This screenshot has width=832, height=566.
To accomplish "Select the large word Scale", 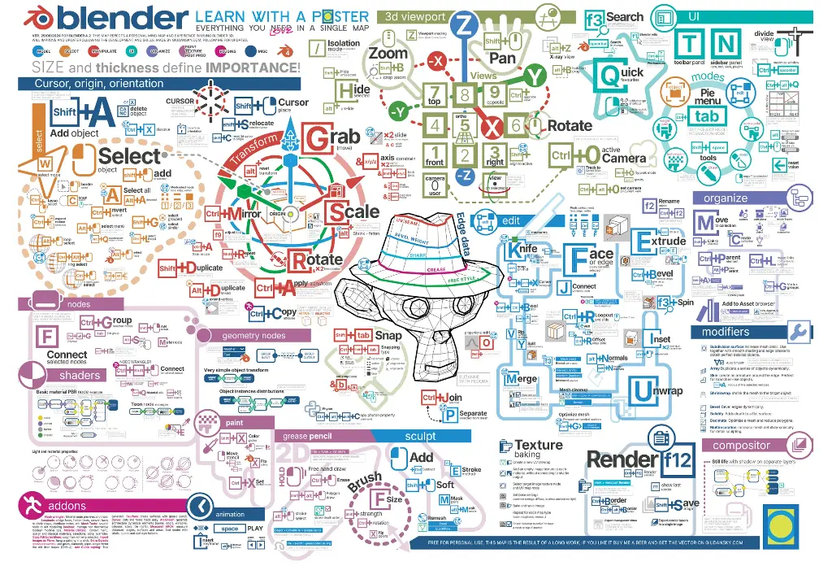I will click(353, 212).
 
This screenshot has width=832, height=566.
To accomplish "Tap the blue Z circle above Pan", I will click(465, 27).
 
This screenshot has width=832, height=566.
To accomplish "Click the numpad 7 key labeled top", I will click(435, 94).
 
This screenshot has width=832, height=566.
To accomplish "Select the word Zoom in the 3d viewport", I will click(388, 53).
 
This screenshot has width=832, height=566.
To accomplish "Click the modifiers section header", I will click(726, 332).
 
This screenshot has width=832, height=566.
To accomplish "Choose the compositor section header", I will click(741, 445).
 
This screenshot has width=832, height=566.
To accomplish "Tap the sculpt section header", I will click(420, 436).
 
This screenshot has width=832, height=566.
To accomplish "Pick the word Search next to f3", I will click(624, 17).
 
